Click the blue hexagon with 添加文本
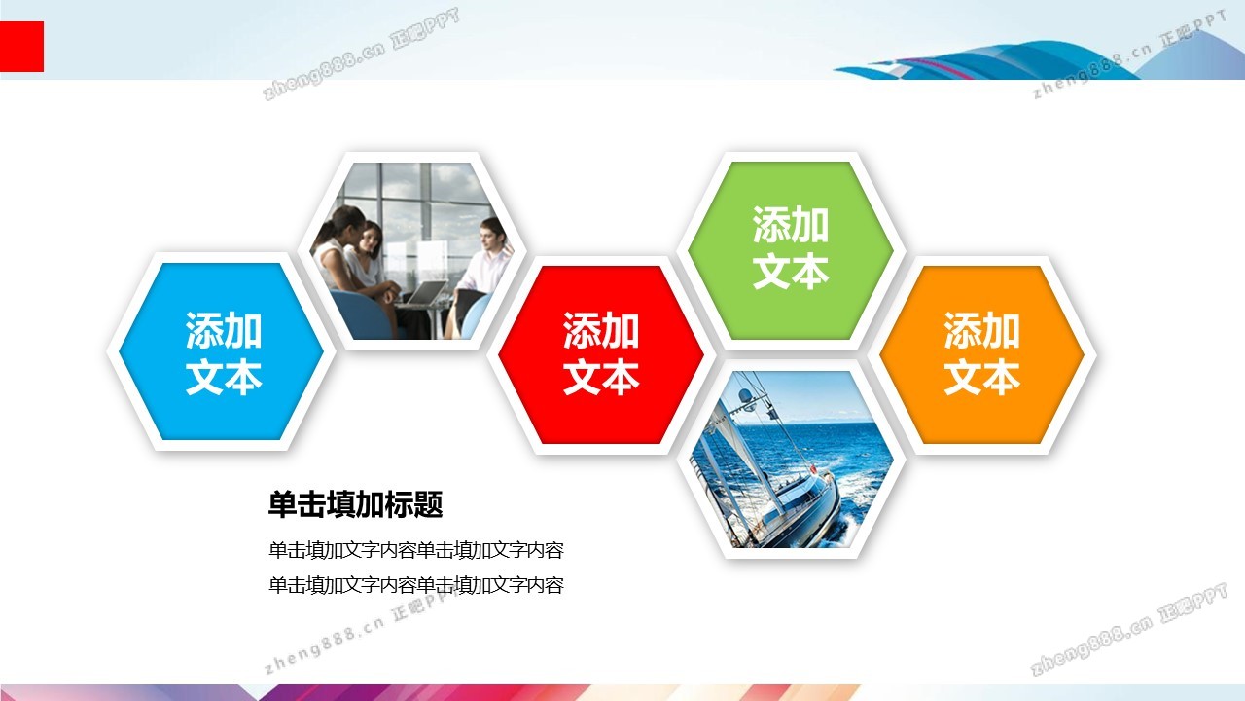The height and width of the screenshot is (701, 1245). pos(221,351)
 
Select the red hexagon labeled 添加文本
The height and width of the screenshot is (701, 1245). pos(601,354)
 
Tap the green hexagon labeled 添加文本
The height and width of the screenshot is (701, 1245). pos(791,250)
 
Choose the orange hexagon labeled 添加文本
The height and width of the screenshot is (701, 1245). pos(981,354)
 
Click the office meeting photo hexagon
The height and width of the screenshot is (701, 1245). pos(411,251)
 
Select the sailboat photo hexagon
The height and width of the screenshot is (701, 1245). pos(792,460)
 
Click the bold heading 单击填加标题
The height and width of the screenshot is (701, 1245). pos(356,504)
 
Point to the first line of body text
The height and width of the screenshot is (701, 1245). pos(416,550)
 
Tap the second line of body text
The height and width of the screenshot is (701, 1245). pos(416,585)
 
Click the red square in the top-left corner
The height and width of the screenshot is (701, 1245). pos(21,47)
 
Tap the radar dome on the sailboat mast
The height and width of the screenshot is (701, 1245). pos(745,395)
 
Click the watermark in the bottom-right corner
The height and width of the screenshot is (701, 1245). pos(1128,629)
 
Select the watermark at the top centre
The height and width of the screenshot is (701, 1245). pos(361,53)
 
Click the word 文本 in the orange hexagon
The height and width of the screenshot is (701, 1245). pos(981,377)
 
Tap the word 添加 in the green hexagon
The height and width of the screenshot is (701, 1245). pos(791,224)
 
